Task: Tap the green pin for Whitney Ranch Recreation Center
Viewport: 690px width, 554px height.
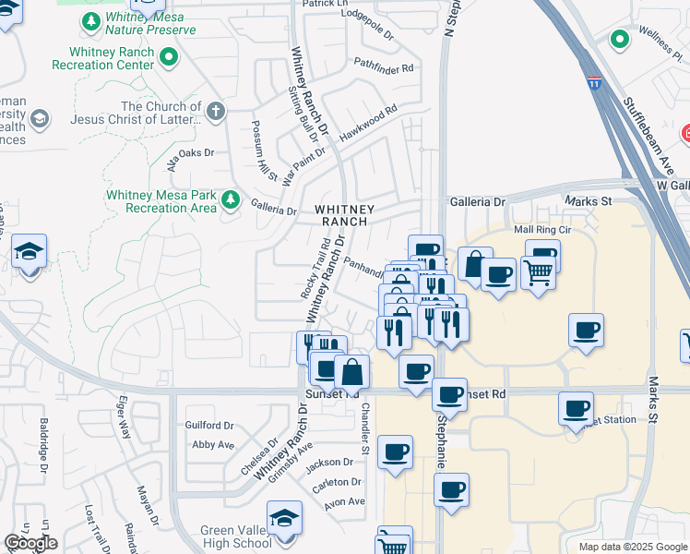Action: tap(168, 59)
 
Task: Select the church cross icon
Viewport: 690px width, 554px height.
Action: tap(215, 113)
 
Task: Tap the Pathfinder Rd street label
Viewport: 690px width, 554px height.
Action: tap(384, 65)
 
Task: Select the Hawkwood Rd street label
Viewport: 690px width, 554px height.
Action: tap(367, 123)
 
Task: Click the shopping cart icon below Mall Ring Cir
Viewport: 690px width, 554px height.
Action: tap(538, 271)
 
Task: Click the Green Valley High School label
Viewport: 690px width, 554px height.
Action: tap(236, 536)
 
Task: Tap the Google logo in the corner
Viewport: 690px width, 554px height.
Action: tap(30, 543)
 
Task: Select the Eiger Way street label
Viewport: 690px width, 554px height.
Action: tap(121, 421)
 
